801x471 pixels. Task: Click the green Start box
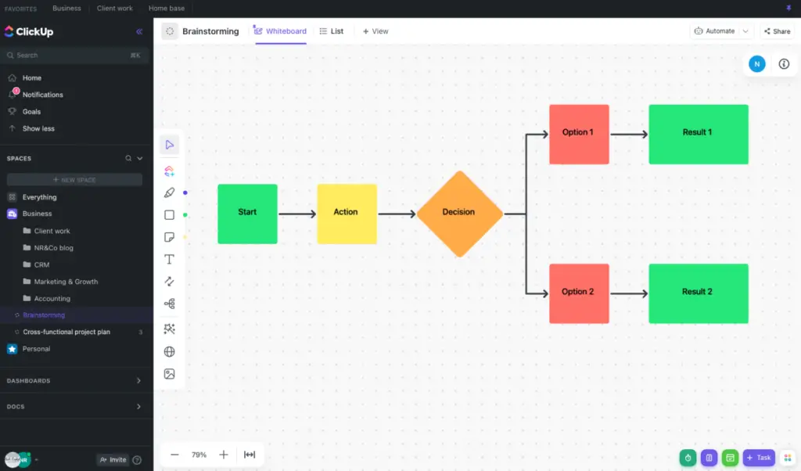tap(247, 213)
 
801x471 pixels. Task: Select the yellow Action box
tap(347, 213)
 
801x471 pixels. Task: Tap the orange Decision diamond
tap(459, 213)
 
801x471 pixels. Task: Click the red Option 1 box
tap(579, 134)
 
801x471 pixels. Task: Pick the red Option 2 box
tap(579, 293)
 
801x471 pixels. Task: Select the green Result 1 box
tap(698, 134)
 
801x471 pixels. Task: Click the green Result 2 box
tap(698, 293)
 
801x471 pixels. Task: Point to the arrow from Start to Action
tap(297, 213)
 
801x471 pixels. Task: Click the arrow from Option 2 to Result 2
tap(629, 293)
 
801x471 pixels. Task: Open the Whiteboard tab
tap(281, 31)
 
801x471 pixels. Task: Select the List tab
tap(332, 31)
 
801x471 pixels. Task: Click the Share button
tap(777, 31)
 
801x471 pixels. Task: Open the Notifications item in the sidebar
tap(42, 95)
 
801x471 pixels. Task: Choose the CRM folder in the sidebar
tap(41, 264)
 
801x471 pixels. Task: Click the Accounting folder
tap(52, 298)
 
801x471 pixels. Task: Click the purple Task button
tap(759, 458)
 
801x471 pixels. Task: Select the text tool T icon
tap(169, 259)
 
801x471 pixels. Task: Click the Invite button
tap(113, 460)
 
